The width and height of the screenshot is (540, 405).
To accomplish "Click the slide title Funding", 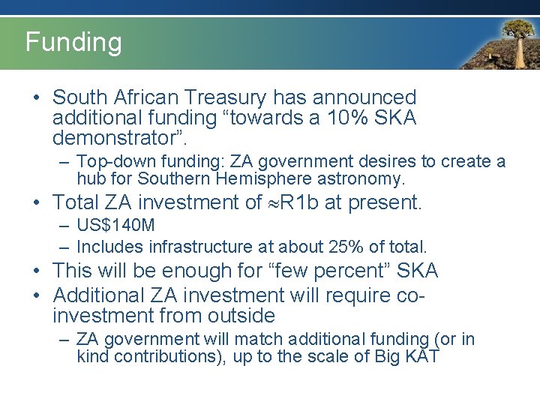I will tap(73, 42).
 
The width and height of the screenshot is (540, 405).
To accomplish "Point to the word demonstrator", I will tap(115, 138).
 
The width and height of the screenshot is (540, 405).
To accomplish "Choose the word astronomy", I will tap(358, 179).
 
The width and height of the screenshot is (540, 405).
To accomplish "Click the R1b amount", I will tap(302, 202).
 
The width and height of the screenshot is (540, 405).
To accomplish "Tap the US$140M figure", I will tap(115, 226).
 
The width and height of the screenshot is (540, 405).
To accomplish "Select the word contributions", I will tap(160, 356).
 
